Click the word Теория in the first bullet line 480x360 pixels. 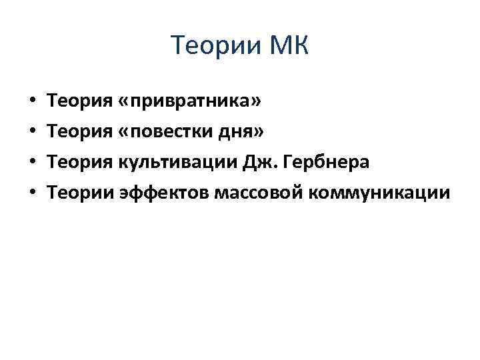tap(80, 102)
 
